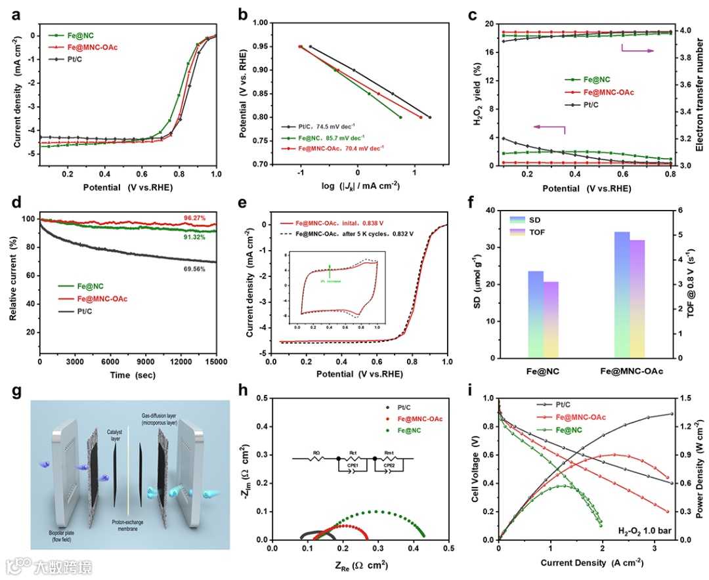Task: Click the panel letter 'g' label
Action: click(17, 392)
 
